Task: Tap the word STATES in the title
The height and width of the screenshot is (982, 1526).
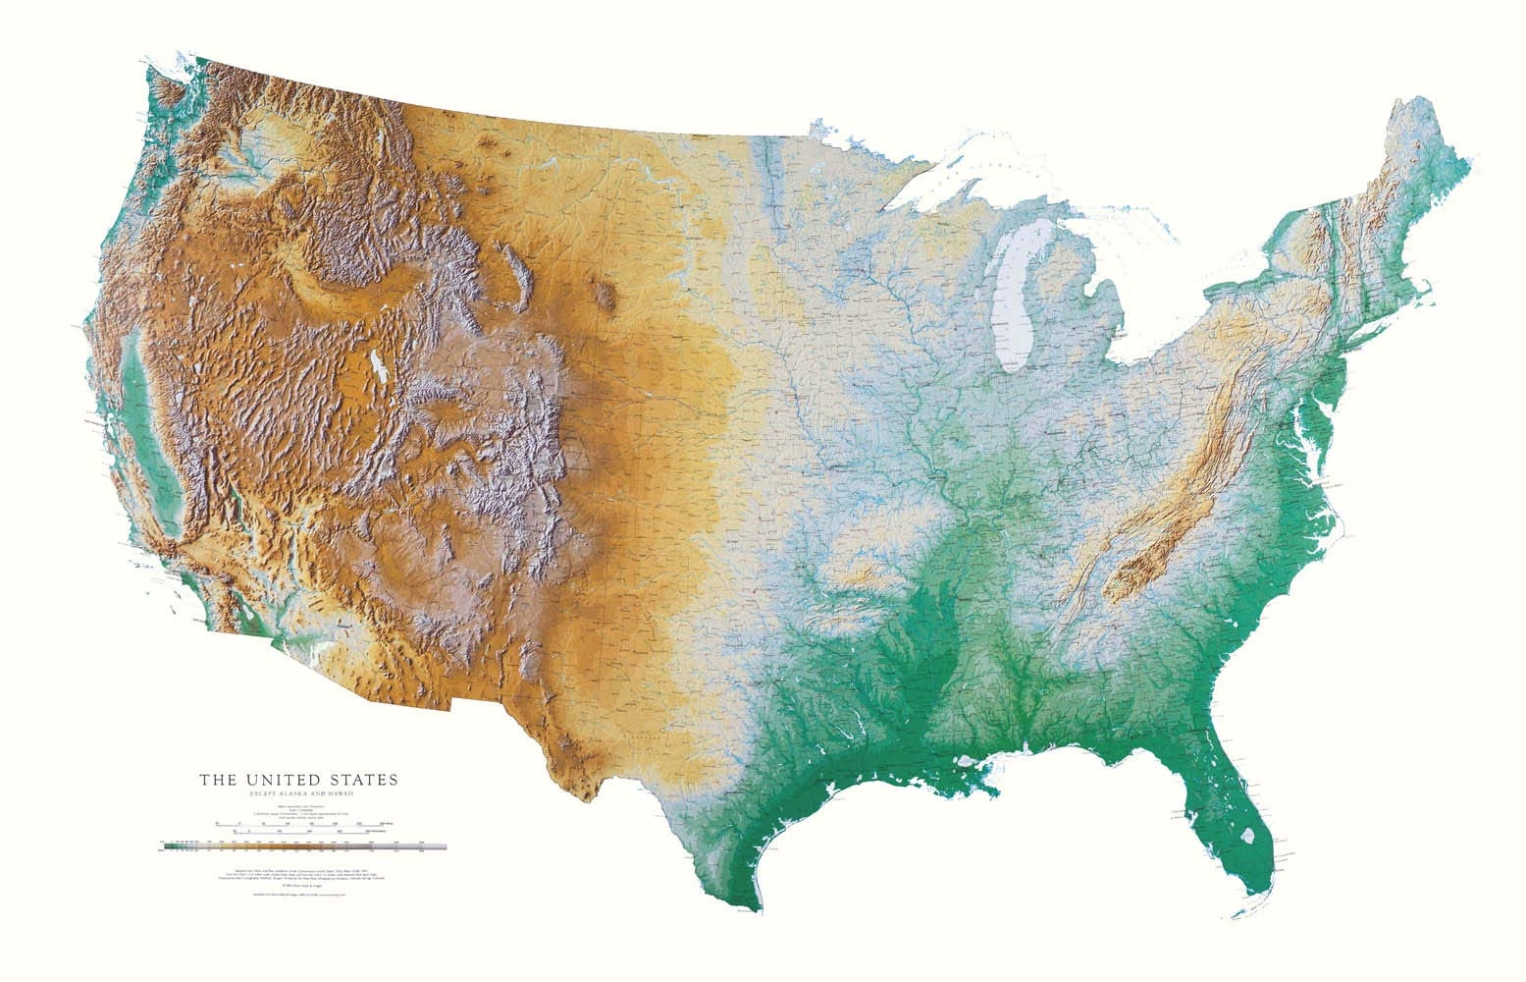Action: [362, 780]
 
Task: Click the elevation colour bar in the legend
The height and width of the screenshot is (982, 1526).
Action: [304, 845]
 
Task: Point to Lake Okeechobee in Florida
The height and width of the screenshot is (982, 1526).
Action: [1247, 838]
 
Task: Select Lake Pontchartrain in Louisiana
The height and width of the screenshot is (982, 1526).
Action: [967, 762]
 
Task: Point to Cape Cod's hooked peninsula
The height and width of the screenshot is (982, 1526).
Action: [1450, 286]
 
